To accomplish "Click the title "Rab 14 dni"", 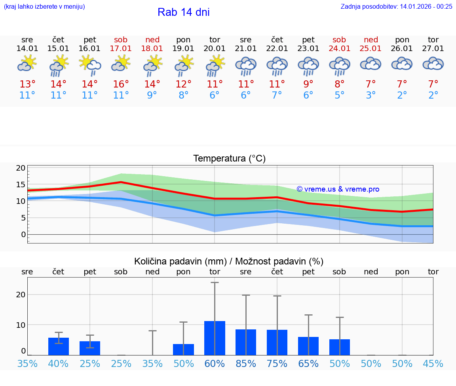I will point(183,12).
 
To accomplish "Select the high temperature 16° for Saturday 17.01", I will point(121,84).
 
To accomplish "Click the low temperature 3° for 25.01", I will point(370,95).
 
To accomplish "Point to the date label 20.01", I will point(215,49).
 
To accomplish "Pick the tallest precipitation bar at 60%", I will point(215,338).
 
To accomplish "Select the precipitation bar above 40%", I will point(59,346).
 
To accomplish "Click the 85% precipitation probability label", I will point(246,364).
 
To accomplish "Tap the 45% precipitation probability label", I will point(433,364).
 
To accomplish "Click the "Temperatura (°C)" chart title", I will point(229,159).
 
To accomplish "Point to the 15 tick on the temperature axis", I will point(21,184).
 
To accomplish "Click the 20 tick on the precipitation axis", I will point(21,295).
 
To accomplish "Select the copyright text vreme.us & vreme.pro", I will point(338,189).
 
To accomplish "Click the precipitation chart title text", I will point(229,261).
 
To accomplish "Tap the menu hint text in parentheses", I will point(44,6).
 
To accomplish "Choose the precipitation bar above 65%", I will point(308,346).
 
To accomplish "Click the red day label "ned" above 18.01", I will point(152,40).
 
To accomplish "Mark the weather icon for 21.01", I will point(246,65).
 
